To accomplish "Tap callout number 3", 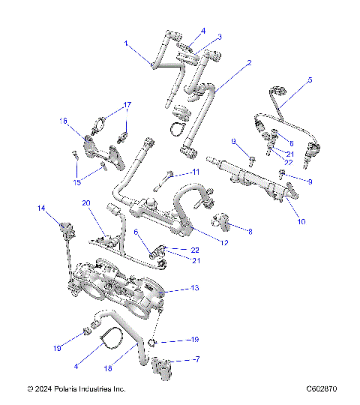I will (x=220, y=37).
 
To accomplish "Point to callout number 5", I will (x=310, y=79).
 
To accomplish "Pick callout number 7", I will (x=197, y=360).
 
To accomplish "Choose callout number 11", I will (x=196, y=172).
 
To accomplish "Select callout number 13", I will (x=196, y=287).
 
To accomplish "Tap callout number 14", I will (x=42, y=208).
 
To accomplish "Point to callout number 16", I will (x=64, y=120).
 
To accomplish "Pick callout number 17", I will (x=127, y=104).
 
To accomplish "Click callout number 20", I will (x=85, y=202).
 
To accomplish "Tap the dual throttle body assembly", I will (x=120, y=289).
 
